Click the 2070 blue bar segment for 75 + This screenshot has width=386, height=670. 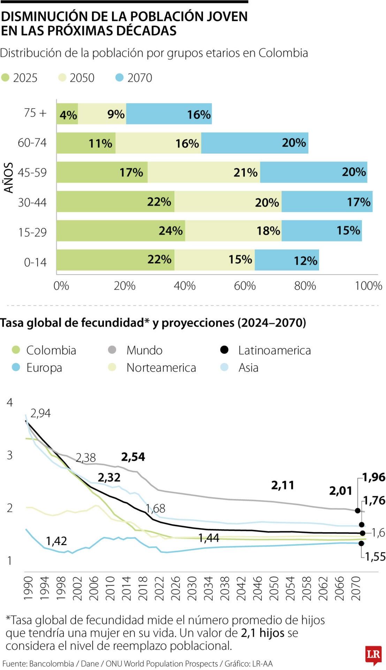pyautogui.click(x=169, y=114)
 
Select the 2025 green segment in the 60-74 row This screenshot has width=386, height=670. pyautogui.click(x=86, y=143)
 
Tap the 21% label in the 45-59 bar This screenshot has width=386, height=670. pyautogui.click(x=245, y=172)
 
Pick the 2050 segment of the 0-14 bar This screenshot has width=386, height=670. pyautogui.click(x=214, y=260)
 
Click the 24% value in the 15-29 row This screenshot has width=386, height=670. pyautogui.click(x=171, y=231)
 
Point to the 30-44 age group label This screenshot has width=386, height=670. pyautogui.click(x=32, y=202)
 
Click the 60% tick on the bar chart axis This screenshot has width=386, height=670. pyautogui.click(x=244, y=286)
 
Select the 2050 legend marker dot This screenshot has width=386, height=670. pyautogui.click(x=62, y=77)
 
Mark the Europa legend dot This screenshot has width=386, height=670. pyautogui.click(x=16, y=367)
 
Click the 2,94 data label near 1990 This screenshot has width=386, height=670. pyautogui.click(x=40, y=413)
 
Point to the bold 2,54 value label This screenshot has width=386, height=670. pyautogui.click(x=133, y=457)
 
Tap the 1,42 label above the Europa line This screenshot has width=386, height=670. pyautogui.click(x=56, y=541)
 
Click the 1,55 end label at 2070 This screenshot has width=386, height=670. pyautogui.click(x=375, y=557)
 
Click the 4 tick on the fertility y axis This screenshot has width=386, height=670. pyautogui.click(x=10, y=402)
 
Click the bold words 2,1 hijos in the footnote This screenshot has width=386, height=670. pyautogui.click(x=262, y=633)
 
